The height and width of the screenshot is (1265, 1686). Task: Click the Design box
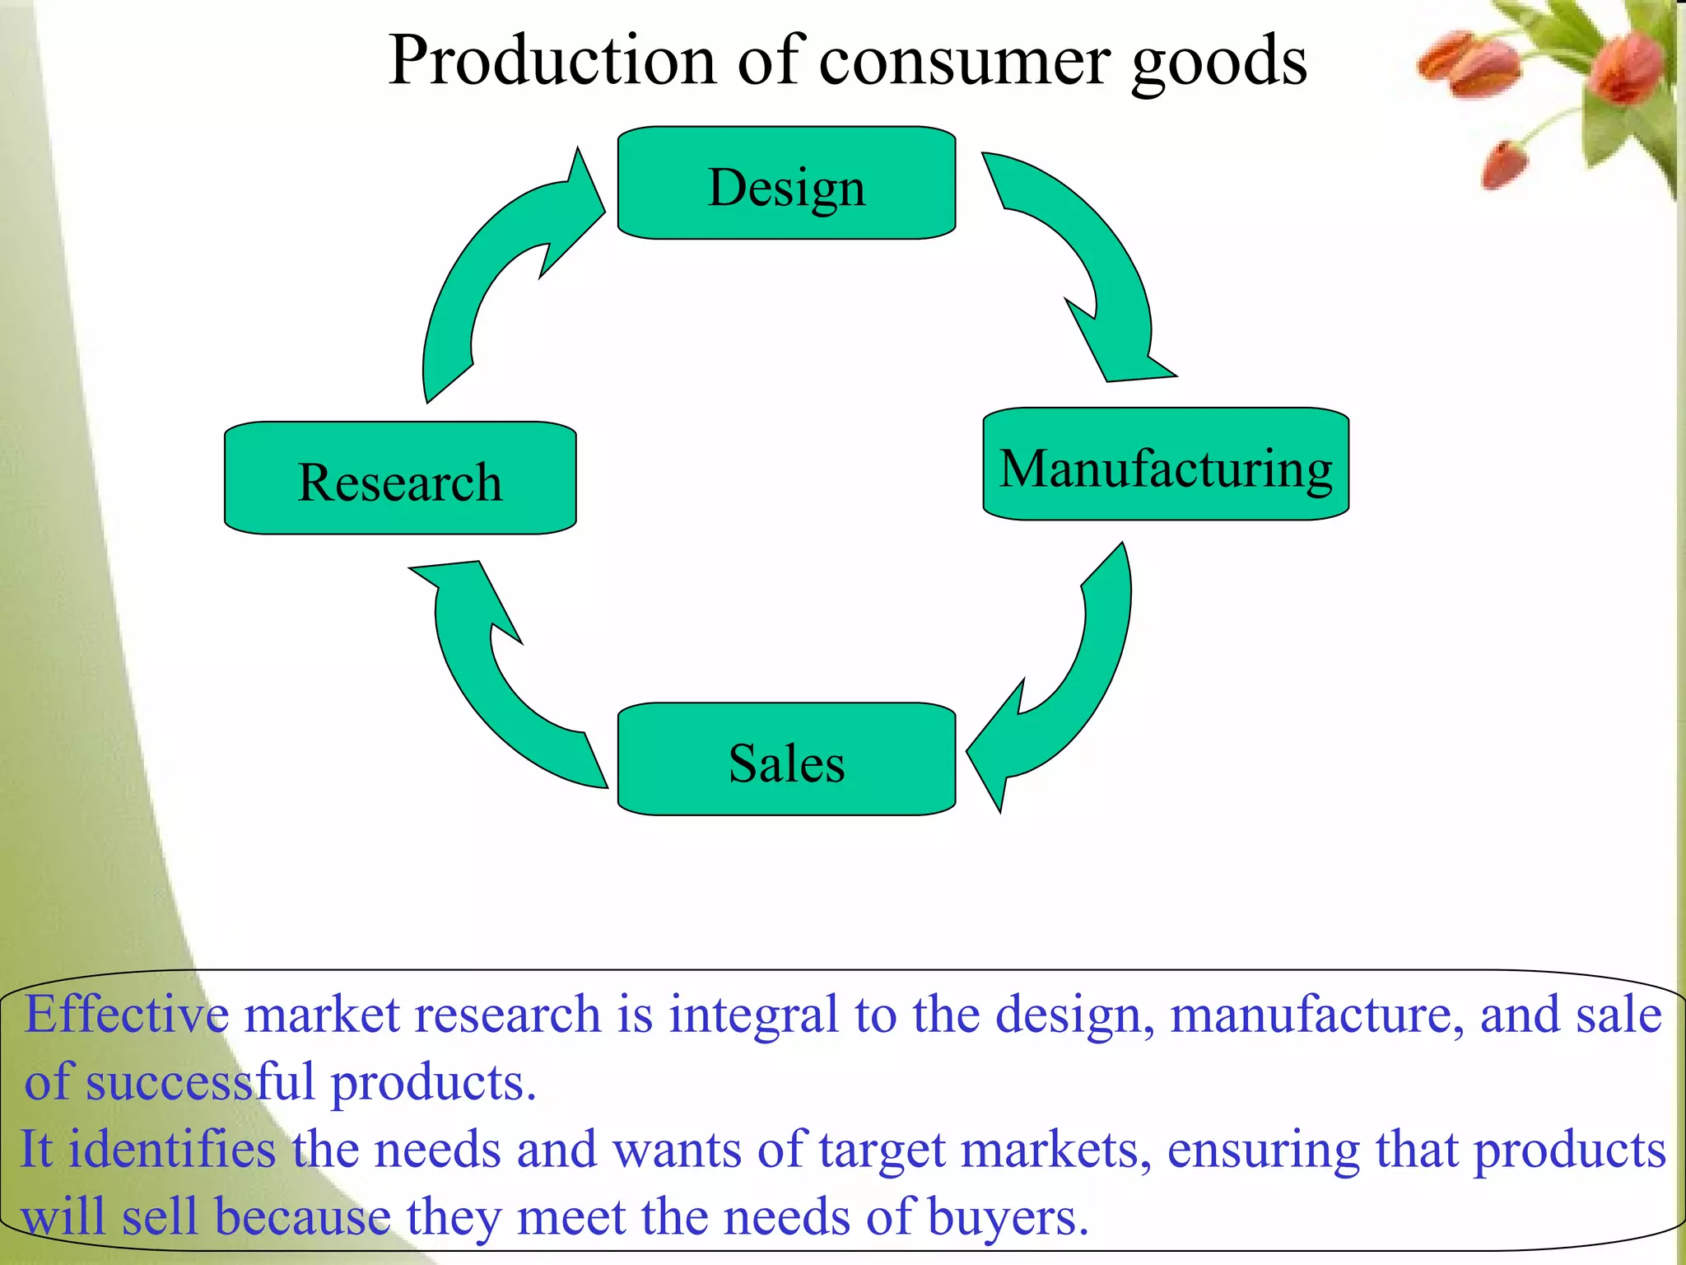(786, 184)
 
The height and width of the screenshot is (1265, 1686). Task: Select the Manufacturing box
(1166, 464)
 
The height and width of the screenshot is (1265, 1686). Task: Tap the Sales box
(786, 759)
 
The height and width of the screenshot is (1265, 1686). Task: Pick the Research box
(400, 478)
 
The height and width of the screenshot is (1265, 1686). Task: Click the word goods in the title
(1219, 63)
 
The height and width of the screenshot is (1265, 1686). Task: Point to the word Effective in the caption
(127, 1014)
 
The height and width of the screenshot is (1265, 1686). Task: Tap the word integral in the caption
(753, 1015)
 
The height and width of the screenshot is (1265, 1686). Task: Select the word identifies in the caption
(172, 1150)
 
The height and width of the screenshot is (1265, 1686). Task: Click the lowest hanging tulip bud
(1505, 164)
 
